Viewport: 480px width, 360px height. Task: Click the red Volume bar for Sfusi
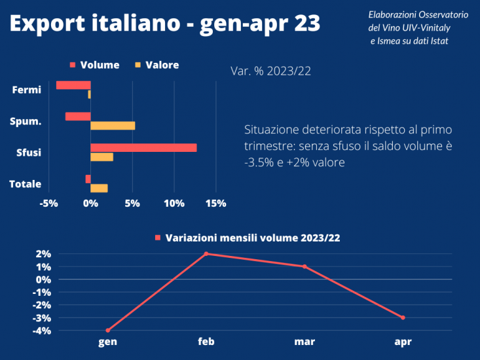(x=143, y=148)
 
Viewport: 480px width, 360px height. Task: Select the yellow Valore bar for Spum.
(x=113, y=126)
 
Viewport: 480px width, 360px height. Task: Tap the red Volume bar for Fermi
(x=73, y=85)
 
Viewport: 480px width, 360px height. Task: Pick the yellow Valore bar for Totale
(x=99, y=189)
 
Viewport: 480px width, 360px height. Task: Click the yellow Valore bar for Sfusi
(x=102, y=157)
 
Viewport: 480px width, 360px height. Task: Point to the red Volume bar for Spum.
(x=78, y=117)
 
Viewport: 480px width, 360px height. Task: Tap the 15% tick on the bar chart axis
(x=216, y=204)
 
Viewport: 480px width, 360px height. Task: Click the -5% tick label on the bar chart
(x=48, y=204)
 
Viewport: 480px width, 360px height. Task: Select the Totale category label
(x=26, y=184)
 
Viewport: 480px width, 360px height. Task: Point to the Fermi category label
(x=27, y=90)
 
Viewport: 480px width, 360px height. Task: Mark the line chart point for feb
(x=206, y=254)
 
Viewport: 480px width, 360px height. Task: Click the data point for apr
(x=403, y=317)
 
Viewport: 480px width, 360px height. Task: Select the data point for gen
(x=107, y=330)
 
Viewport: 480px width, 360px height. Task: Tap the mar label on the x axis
(x=304, y=342)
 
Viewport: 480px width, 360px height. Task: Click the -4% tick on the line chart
(x=43, y=331)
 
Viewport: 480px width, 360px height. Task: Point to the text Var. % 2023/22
(x=270, y=71)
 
